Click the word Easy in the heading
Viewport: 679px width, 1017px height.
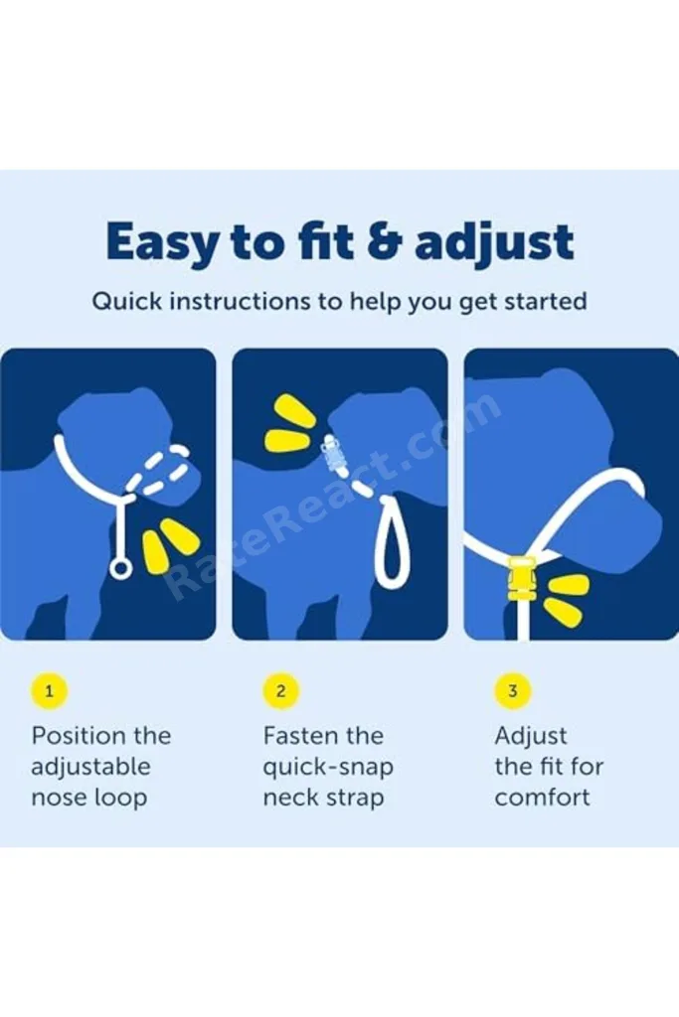(161, 242)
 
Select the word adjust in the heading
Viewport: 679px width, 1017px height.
(494, 242)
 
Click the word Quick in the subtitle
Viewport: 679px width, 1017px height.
(126, 302)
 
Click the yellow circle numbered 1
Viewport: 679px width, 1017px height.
(49, 691)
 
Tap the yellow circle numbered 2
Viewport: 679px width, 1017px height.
(280, 691)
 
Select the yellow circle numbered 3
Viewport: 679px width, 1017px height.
(513, 691)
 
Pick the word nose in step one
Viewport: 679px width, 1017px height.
(57, 798)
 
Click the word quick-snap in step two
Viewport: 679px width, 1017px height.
(328, 768)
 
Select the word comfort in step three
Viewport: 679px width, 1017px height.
(542, 798)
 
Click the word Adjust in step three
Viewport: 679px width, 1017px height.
(531, 737)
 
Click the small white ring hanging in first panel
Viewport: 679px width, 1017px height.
(120, 569)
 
